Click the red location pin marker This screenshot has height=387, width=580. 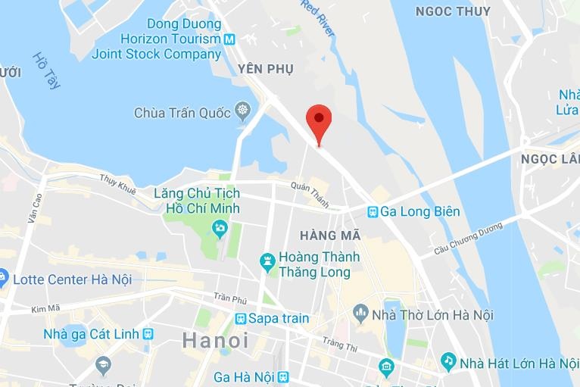319,122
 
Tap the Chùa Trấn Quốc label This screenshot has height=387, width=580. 182,113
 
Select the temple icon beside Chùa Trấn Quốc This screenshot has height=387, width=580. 242,113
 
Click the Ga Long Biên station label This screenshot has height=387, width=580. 420,212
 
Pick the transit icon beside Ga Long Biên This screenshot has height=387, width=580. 373,212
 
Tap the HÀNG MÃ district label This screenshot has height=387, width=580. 329,236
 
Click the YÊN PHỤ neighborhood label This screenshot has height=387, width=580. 265,69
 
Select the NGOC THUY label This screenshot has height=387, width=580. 453,11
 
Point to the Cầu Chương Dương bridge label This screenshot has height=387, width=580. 469,239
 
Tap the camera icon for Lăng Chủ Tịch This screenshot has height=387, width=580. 220,226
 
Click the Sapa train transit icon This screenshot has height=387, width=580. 241,318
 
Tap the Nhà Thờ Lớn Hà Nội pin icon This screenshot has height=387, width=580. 360,313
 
